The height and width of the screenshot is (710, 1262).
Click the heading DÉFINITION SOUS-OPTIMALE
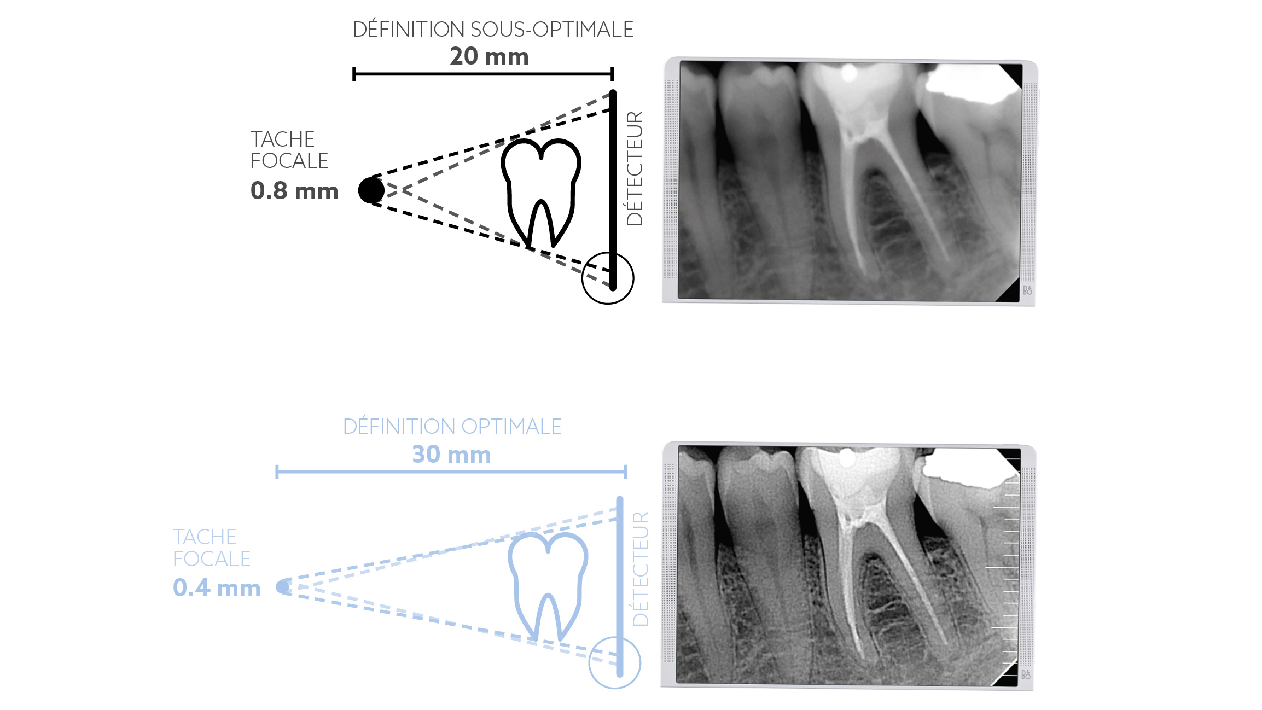(493, 30)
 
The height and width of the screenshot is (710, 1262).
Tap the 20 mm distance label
(489, 56)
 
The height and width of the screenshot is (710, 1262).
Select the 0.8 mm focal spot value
(294, 191)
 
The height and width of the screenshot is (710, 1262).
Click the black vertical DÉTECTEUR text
(635, 168)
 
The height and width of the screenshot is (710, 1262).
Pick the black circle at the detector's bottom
(608, 278)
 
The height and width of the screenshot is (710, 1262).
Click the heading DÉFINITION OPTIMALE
(452, 427)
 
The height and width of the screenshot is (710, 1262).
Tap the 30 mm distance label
(451, 455)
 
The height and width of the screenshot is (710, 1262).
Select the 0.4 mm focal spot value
(217, 588)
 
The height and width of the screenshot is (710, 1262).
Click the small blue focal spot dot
(282, 587)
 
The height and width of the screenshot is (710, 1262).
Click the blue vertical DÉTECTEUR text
(641, 569)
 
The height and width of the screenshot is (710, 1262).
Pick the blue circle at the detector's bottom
(614, 662)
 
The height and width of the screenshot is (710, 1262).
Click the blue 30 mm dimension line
(451, 472)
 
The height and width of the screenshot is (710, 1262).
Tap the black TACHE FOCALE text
(289, 150)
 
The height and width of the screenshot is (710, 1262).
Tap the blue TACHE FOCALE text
(211, 548)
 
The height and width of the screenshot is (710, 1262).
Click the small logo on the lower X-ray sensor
(1026, 674)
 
